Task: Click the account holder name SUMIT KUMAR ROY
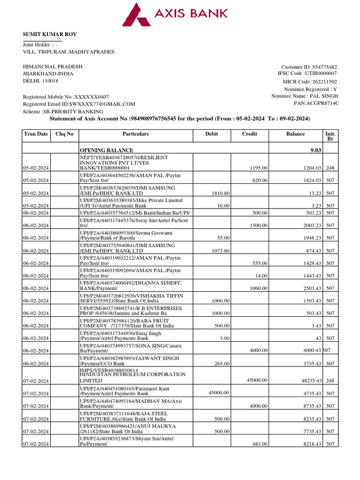tap(50, 34)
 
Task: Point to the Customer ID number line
tap(308, 67)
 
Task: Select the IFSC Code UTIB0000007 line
tap(307, 73)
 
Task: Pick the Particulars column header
tap(135, 134)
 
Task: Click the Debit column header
tap(211, 134)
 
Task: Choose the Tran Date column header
tap(36, 134)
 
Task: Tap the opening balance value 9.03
tap(315, 150)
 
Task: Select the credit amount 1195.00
tap(258, 168)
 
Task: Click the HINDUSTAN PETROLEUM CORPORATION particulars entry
tap(133, 375)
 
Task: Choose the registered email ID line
tap(79, 104)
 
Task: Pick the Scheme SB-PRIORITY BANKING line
tap(63, 112)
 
